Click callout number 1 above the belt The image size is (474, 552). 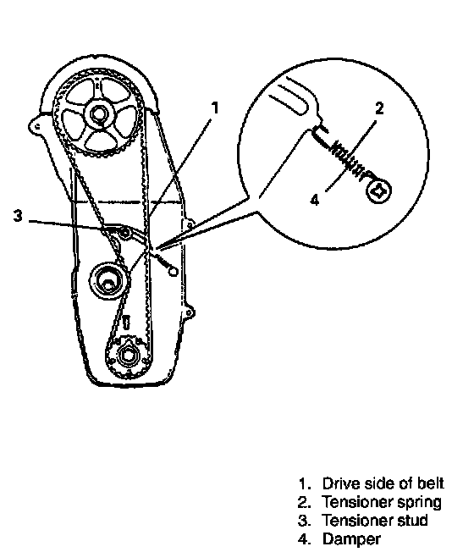tap(215, 108)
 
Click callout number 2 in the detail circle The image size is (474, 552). tap(379, 108)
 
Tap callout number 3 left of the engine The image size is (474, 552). tap(18, 215)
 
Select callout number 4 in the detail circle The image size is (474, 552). tap(314, 200)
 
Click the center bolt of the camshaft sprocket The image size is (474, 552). tap(98, 113)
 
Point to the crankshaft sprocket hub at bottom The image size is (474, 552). tap(127, 356)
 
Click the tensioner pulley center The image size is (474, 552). tap(107, 282)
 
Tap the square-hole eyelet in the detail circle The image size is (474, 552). tap(378, 190)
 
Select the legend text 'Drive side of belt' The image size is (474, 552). tap(383, 483)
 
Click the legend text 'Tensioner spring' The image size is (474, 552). tap(382, 502)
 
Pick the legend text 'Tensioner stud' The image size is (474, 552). tap(375, 521)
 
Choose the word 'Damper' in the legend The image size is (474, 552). tap(351, 539)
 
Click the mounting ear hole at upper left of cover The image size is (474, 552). tap(36, 125)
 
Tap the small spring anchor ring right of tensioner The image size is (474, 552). tap(174, 272)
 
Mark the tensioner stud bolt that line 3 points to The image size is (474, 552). tap(124, 232)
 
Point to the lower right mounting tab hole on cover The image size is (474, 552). tap(190, 312)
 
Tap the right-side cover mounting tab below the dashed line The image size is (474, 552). tap(190, 224)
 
